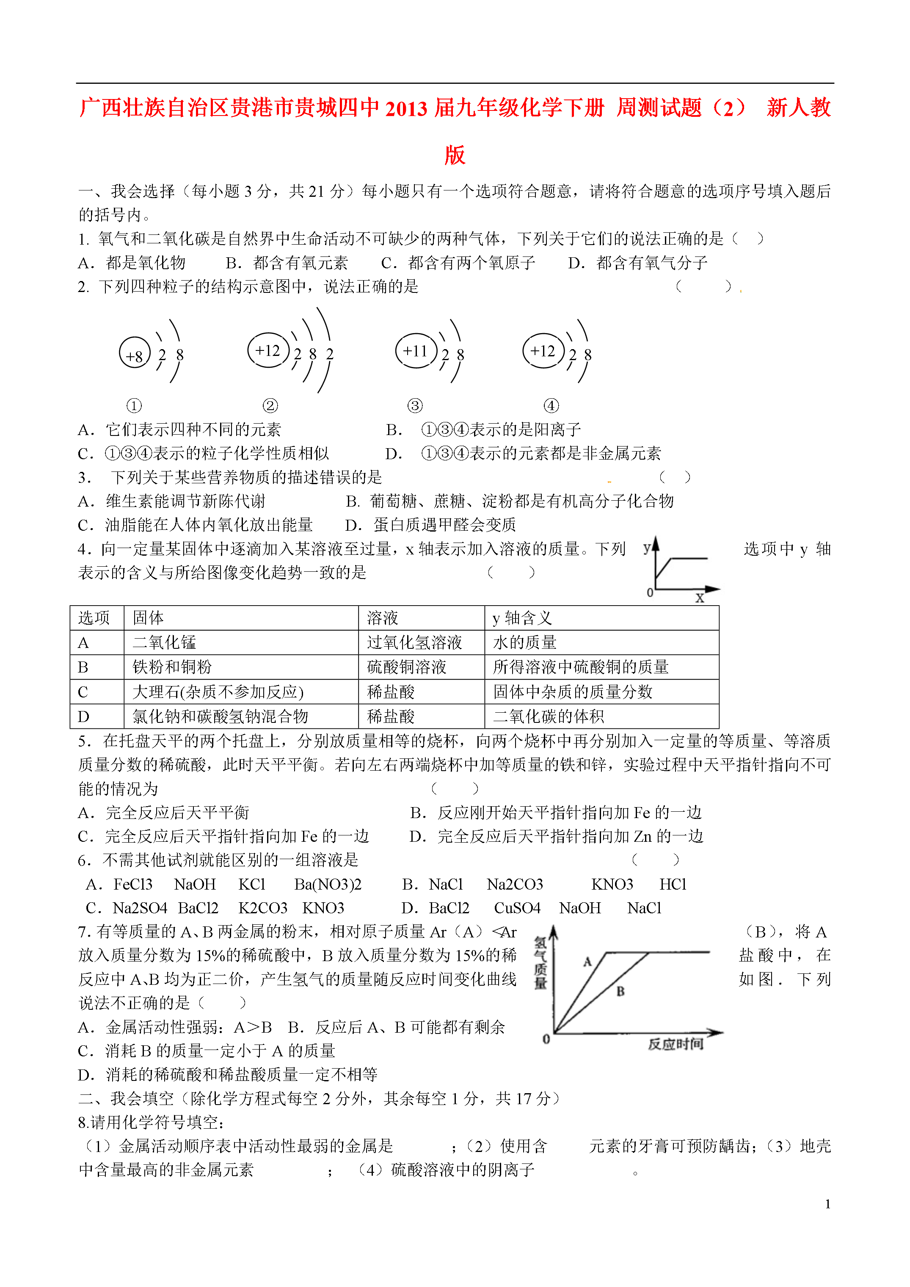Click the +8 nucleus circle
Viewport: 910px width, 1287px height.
(x=135, y=353)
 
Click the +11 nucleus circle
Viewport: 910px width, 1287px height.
(x=416, y=351)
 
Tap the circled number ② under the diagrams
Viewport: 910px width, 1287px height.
(x=270, y=405)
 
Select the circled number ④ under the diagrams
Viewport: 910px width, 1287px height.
(x=551, y=405)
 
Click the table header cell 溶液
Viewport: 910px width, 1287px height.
(x=382, y=618)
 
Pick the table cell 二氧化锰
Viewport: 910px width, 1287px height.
(x=164, y=642)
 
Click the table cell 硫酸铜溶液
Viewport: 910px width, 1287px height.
(x=406, y=667)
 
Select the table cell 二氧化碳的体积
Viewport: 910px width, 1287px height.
(x=549, y=717)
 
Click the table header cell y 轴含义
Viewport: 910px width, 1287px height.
(x=522, y=618)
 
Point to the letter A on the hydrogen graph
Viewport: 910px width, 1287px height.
(x=587, y=962)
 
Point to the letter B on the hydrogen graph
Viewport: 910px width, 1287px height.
(x=620, y=992)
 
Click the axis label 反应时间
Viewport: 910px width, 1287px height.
(x=675, y=1044)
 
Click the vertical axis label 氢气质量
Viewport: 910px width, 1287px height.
(x=540, y=964)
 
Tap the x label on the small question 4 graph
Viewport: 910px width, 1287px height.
(x=699, y=598)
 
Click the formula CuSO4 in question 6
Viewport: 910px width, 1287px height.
(x=517, y=908)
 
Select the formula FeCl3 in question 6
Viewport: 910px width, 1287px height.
(x=133, y=885)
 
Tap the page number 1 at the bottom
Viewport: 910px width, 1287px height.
(x=827, y=1204)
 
